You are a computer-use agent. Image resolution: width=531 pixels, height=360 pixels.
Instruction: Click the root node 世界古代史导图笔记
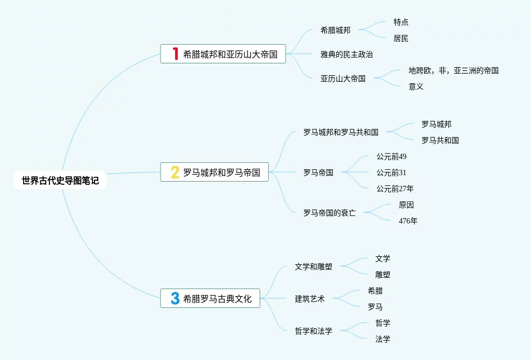click(x=60, y=181)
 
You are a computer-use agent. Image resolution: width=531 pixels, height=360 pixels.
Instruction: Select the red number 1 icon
click(x=174, y=54)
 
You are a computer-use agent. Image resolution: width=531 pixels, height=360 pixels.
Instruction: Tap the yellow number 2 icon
click(x=175, y=172)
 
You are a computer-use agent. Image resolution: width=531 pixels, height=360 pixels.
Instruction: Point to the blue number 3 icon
click(x=175, y=298)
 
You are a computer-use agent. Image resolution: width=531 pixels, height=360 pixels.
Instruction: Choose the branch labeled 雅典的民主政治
click(x=346, y=54)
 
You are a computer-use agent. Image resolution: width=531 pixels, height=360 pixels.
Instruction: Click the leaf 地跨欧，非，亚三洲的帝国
click(x=453, y=70)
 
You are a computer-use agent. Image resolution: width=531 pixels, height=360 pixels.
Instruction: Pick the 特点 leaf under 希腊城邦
click(x=401, y=22)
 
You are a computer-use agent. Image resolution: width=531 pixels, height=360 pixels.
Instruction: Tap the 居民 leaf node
click(x=401, y=38)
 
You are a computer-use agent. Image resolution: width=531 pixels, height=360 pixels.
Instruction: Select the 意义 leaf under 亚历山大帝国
click(x=416, y=87)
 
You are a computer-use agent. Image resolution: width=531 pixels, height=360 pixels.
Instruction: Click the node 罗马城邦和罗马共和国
click(x=340, y=132)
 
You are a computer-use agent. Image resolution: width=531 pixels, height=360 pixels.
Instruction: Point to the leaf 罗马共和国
click(x=440, y=140)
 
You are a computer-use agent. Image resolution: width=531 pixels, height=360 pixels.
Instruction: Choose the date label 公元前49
click(x=391, y=156)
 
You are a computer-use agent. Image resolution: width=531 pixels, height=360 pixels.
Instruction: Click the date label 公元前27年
click(x=395, y=189)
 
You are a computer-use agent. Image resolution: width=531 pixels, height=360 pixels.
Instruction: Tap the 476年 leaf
click(x=408, y=221)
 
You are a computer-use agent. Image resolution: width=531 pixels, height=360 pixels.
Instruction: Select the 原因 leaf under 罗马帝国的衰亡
click(x=406, y=205)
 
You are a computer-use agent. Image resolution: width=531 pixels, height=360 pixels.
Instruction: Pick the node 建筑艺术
click(x=309, y=299)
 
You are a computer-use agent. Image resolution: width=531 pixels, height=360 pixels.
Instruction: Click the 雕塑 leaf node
click(x=382, y=275)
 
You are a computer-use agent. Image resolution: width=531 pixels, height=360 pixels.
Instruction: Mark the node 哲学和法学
click(x=313, y=331)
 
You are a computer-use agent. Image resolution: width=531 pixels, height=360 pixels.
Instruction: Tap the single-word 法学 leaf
click(x=382, y=339)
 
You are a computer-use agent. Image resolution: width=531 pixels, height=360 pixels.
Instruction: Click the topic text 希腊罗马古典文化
click(x=217, y=299)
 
